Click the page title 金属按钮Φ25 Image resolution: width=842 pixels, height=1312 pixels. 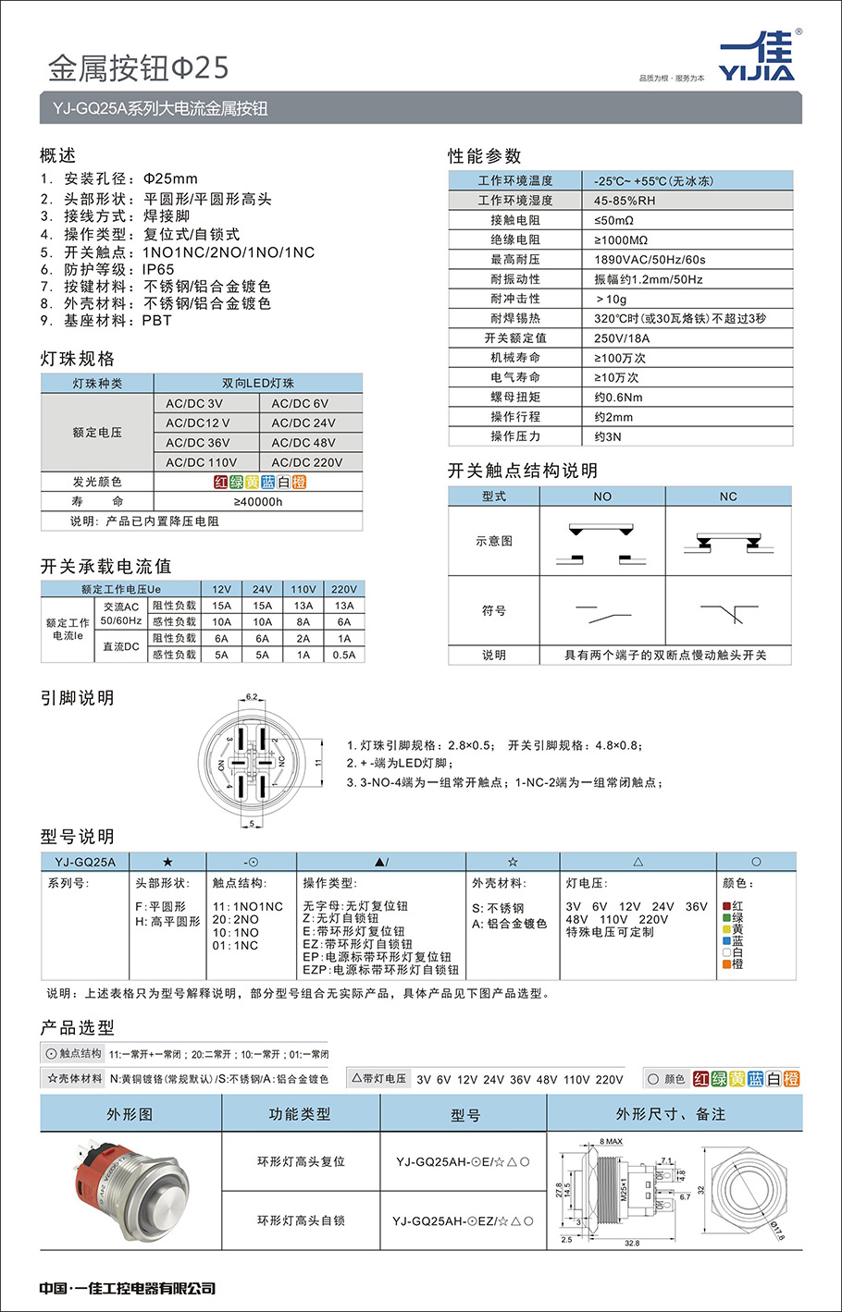[x=138, y=67]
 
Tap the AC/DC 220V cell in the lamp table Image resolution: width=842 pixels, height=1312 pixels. [x=306, y=462]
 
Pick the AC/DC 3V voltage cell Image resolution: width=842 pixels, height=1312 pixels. [x=193, y=403]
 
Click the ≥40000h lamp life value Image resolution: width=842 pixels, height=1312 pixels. [x=258, y=501]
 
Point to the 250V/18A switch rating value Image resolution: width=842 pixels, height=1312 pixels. [x=621, y=337]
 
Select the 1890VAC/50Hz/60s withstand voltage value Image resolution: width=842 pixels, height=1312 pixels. [x=650, y=260]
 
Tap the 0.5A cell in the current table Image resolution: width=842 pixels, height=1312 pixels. [x=343, y=655]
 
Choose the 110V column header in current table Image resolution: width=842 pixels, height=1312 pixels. [x=303, y=589]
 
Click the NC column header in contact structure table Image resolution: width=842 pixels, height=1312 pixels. [x=728, y=497]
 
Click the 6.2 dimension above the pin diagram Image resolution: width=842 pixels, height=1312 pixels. [x=252, y=697]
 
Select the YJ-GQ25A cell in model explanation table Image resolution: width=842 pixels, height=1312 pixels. [x=85, y=862]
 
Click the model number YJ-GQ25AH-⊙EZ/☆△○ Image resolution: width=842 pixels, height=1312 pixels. [x=463, y=1220]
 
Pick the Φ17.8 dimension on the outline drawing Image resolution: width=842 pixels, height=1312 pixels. [x=776, y=1230]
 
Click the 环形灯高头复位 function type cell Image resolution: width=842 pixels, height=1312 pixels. [x=301, y=1161]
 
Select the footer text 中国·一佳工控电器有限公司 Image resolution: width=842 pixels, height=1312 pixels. [x=127, y=1288]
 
